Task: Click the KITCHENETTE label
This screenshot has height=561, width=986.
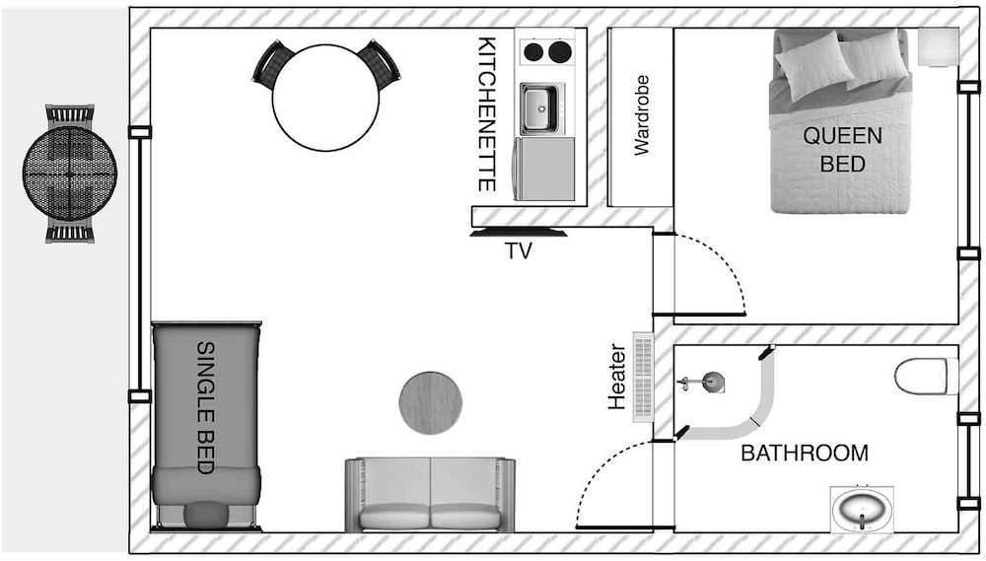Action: coord(486,114)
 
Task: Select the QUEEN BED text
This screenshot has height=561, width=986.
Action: coord(841,149)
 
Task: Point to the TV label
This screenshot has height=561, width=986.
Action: coord(518,251)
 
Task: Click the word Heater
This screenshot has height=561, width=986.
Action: coord(618,377)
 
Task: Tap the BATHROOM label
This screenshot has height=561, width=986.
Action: coord(805,454)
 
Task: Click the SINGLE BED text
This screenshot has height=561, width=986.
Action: coord(206,407)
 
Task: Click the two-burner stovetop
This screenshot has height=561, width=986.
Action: coord(546,51)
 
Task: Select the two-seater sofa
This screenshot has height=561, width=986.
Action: coord(430,495)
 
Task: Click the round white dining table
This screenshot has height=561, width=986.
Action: coord(325,97)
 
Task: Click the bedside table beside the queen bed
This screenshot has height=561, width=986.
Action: coord(938,46)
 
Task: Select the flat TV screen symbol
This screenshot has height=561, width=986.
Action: coord(519,234)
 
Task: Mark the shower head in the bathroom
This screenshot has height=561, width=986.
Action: coord(710,380)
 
